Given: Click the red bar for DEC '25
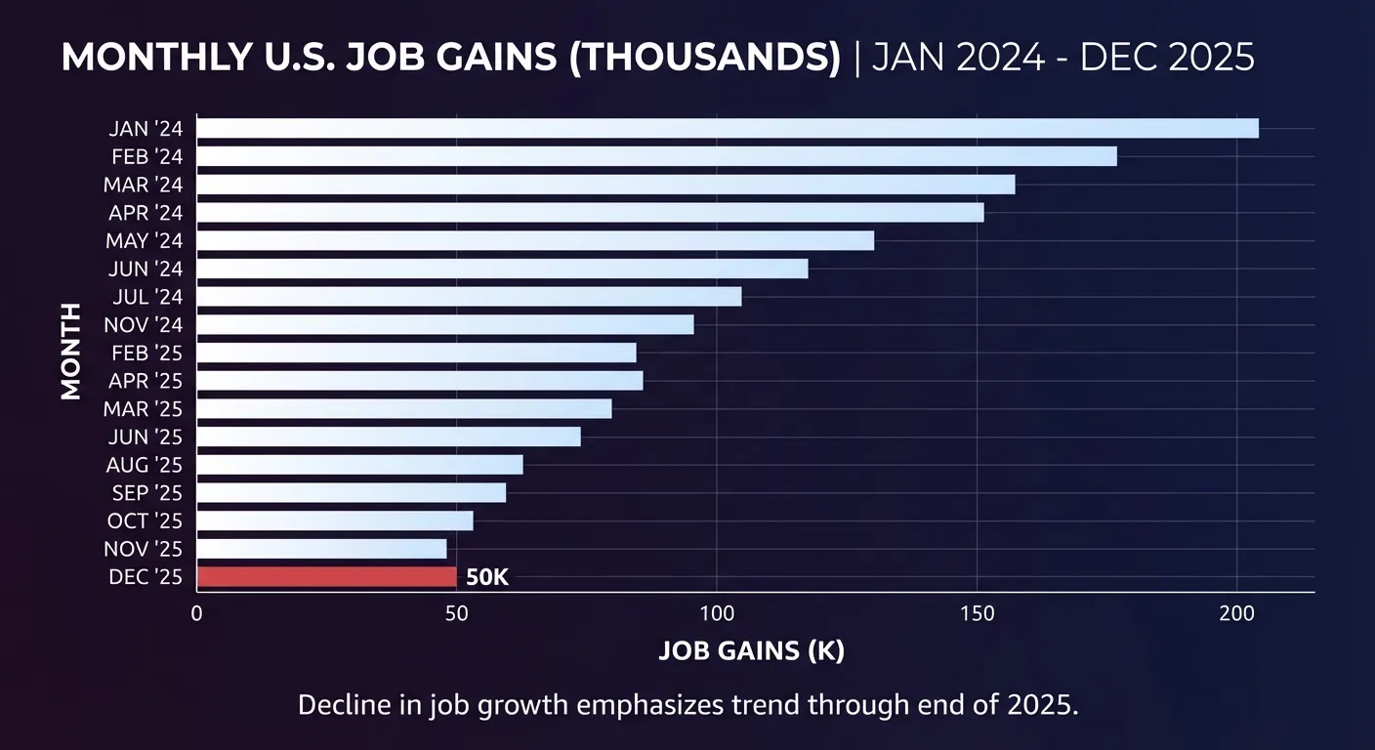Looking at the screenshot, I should pos(326,577).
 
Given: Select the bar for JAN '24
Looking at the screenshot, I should pos(728,128).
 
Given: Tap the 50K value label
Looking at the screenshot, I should pos(487,577).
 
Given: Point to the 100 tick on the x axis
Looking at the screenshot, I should pos(717,613).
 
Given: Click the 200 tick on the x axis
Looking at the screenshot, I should pos(1236,613).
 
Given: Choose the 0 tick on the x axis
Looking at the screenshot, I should pos(197,613).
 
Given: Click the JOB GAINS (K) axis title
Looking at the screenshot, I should pos(751,651).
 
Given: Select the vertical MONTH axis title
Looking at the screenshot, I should pos(70,352).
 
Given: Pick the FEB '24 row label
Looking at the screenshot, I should pos(146,156).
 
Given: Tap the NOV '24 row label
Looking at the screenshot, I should pos(143,324).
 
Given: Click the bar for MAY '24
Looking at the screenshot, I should pos(535,240).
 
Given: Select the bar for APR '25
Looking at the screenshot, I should pos(420,381).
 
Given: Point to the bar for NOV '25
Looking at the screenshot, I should pos(321,549).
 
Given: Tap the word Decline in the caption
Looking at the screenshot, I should pos(341,705).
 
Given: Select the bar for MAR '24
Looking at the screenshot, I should pos(605,185).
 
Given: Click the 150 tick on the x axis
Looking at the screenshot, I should pos(978,613).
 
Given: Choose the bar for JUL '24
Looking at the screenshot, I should pos(469,297).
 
